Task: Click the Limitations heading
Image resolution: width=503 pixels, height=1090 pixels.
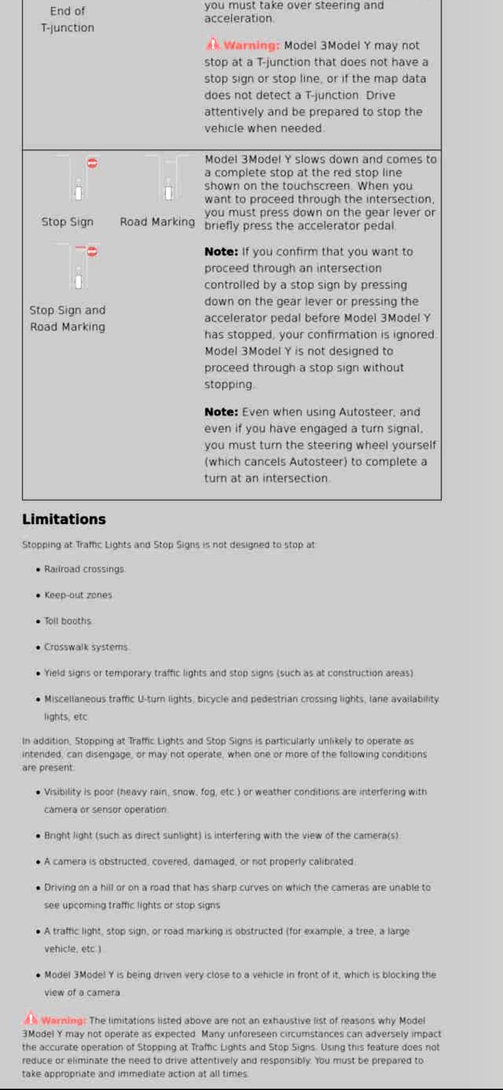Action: tap(64, 519)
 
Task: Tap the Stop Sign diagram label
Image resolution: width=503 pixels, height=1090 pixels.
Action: tap(68, 222)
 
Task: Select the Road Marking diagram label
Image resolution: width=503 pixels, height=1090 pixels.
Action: tap(157, 222)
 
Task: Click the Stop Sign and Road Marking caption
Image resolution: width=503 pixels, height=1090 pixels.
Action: tap(68, 318)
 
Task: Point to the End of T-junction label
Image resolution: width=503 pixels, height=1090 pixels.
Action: tap(68, 19)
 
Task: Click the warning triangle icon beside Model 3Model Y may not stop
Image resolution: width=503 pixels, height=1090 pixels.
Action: tap(213, 44)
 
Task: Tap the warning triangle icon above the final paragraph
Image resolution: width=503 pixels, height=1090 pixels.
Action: tap(31, 1019)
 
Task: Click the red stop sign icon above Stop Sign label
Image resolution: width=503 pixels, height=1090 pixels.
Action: tap(93, 163)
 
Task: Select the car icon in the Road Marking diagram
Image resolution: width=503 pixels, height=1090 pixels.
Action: tap(168, 193)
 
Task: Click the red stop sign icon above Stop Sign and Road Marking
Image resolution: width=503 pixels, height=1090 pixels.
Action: tap(93, 251)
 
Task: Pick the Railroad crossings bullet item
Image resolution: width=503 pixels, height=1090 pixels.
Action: tap(85, 569)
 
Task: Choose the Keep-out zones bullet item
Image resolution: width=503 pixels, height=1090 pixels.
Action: tap(78, 595)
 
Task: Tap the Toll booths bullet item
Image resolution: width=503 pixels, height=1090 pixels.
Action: tap(68, 621)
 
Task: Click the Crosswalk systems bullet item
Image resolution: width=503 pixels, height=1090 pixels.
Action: tap(86, 647)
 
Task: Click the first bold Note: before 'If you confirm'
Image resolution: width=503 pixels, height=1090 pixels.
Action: tap(221, 252)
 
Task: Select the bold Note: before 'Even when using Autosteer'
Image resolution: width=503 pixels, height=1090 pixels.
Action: tap(221, 412)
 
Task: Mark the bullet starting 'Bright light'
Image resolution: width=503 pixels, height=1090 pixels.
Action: tap(221, 836)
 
